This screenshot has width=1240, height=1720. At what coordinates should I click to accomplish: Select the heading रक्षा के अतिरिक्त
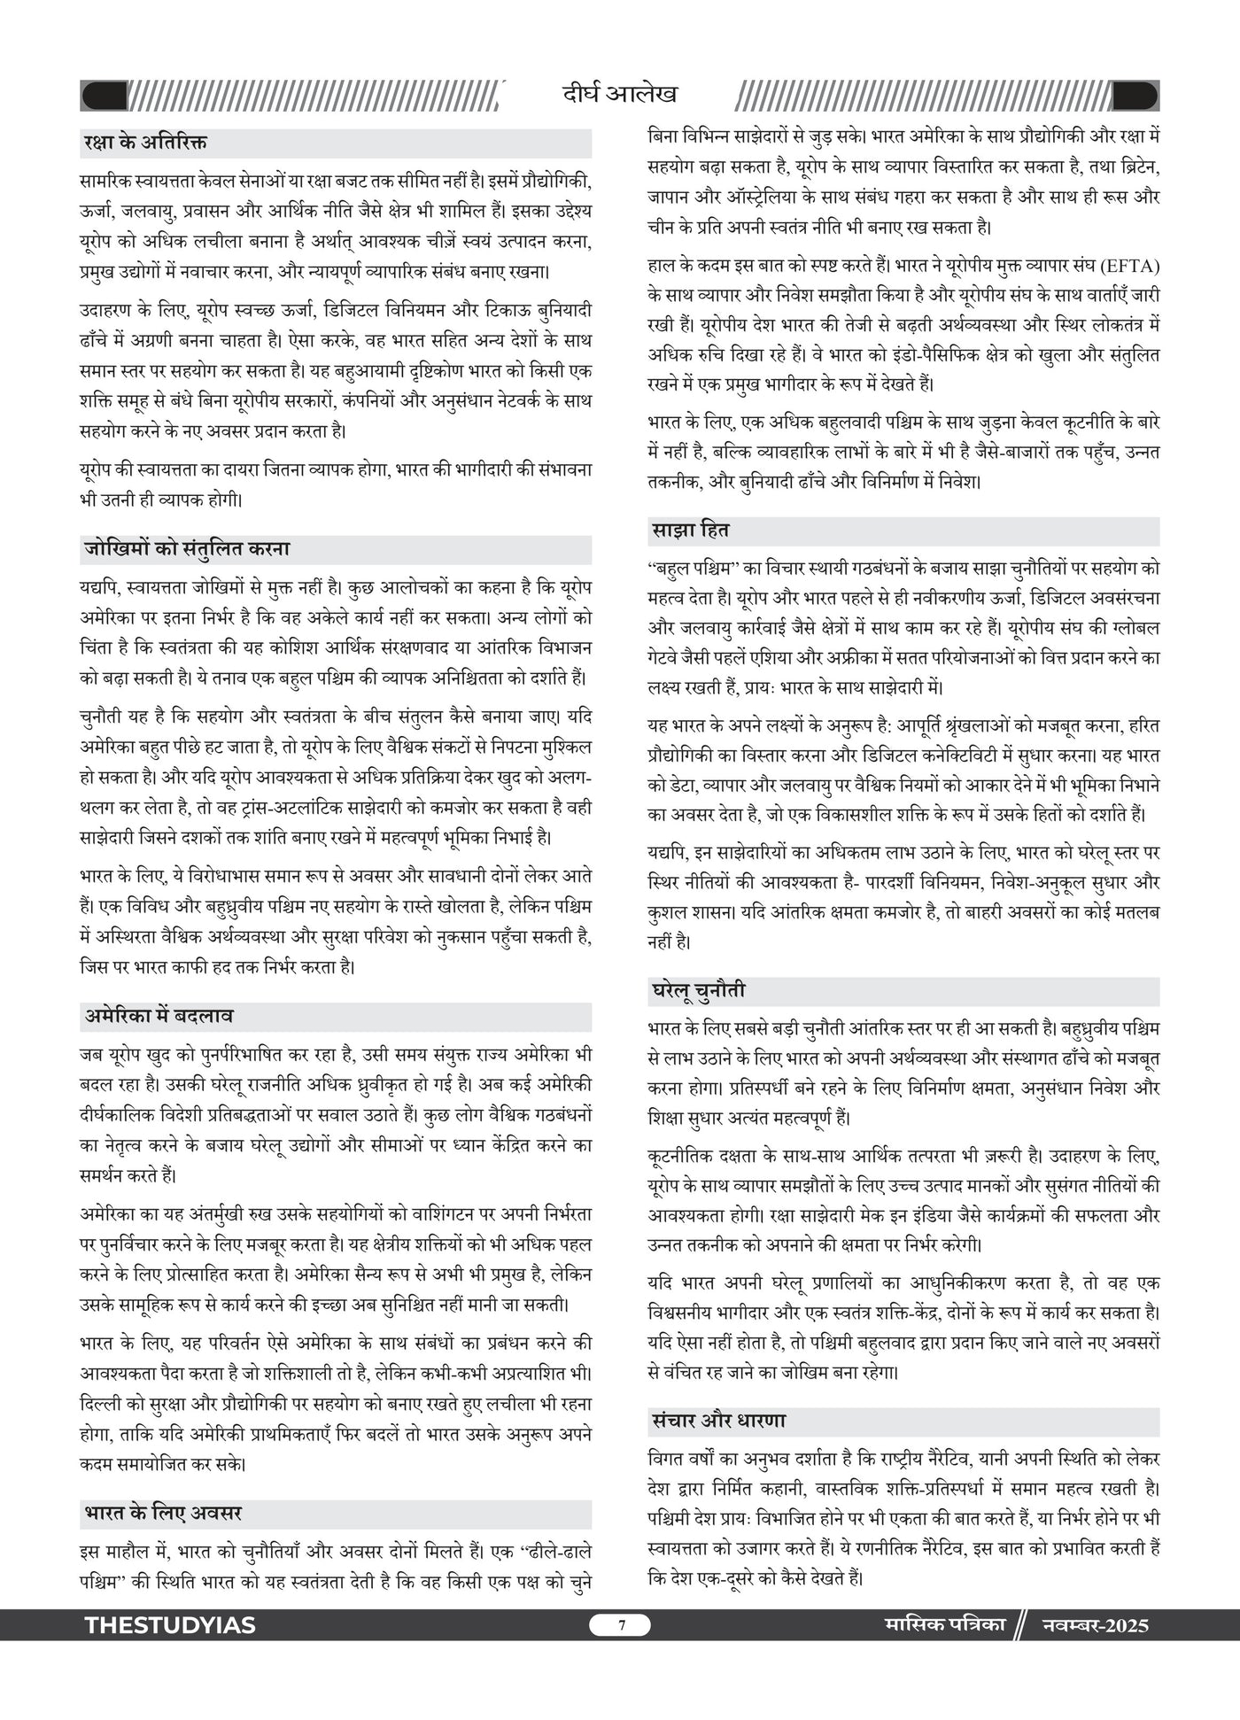click(145, 143)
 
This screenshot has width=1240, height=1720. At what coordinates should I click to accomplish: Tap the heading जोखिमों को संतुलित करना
click(187, 549)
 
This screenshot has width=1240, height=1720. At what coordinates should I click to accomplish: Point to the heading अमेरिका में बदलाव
click(159, 1017)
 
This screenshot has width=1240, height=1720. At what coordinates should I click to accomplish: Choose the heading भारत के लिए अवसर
click(163, 1514)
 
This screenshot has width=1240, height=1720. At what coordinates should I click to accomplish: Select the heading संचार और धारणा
click(717, 1421)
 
